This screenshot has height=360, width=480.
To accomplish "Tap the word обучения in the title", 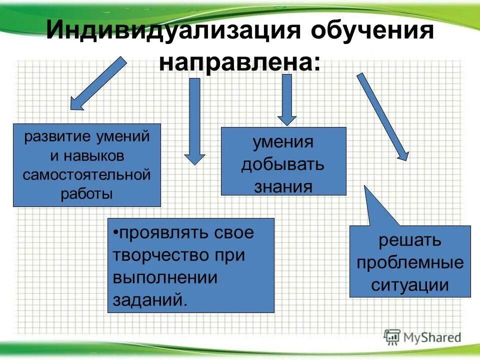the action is pos(372,31).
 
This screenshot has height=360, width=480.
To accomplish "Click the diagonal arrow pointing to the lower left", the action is pos(97,83).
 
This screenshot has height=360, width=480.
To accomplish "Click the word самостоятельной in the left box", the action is pos(87,175).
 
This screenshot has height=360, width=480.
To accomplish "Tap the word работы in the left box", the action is pos(87,194).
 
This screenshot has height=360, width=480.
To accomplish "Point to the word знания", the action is pos(283,186).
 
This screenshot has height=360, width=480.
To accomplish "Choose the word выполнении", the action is pos(164,277).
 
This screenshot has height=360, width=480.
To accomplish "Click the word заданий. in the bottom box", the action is pos(150,300).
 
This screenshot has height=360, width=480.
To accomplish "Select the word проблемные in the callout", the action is pos(409,262).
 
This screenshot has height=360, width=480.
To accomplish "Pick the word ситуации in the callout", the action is pos(409,285).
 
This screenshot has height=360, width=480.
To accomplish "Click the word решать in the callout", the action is pos(409,240).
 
